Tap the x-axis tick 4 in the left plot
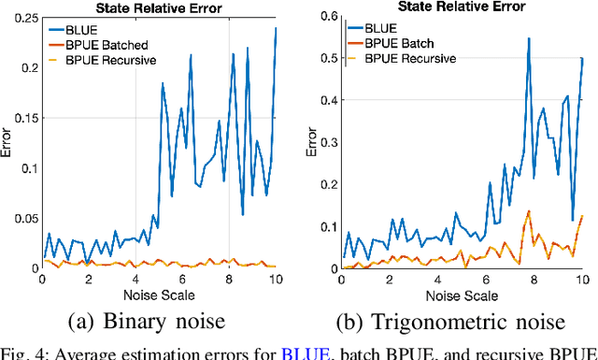click(135, 279)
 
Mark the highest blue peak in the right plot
click(529, 39)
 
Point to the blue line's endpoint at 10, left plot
click(276, 28)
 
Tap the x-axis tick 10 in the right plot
click(582, 279)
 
